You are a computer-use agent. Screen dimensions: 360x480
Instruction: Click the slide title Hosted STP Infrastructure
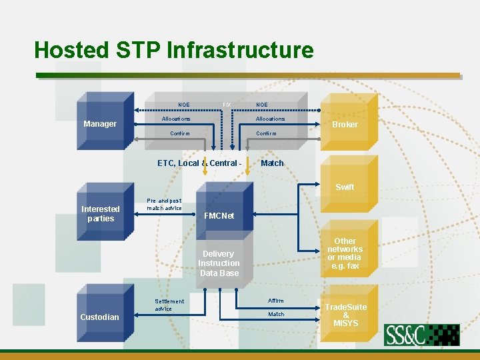coord(173,50)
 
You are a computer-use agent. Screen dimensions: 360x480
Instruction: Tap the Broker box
coord(345,124)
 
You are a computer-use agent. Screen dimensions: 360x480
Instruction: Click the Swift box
coord(345,187)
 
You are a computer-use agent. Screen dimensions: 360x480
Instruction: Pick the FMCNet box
coord(219,216)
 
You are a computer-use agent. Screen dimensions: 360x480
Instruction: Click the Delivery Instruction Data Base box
coord(219,263)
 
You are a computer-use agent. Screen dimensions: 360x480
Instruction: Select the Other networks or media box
coord(345,253)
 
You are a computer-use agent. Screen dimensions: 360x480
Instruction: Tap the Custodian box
coord(100,317)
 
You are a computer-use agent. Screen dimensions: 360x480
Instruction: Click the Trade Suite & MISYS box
coord(345,315)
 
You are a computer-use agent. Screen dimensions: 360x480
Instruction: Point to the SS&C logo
coord(421,335)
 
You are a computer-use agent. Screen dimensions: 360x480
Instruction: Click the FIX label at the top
coord(226,105)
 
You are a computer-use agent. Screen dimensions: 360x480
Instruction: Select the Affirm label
coord(275,301)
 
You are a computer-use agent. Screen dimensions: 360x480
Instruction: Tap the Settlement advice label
coord(169,305)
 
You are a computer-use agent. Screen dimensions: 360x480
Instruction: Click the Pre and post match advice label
coord(164,204)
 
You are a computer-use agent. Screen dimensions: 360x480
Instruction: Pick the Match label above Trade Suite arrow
coord(276,314)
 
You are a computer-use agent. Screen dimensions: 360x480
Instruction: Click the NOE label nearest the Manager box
coord(184,105)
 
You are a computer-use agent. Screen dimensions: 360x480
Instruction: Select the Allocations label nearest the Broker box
coord(270,119)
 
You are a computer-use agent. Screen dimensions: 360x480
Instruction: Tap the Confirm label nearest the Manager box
coord(180,133)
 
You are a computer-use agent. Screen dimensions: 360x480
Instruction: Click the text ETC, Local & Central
coord(197,163)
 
